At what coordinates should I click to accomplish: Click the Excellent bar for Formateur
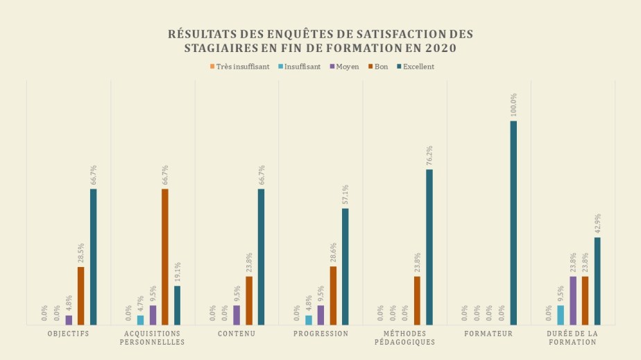513,223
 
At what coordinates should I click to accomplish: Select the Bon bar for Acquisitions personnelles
165,257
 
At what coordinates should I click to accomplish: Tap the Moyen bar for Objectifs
69,320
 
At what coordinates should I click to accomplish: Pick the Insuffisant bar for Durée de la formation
561,315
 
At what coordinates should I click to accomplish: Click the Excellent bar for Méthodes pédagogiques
429,247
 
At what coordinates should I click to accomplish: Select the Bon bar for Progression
333,295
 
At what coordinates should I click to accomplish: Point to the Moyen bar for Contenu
237,315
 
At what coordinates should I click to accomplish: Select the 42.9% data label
597,223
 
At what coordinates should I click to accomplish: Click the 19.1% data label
178,272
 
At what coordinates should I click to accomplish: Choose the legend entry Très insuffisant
239,67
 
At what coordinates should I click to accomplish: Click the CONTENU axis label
237,334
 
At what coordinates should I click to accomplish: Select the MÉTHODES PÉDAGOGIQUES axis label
405,338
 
